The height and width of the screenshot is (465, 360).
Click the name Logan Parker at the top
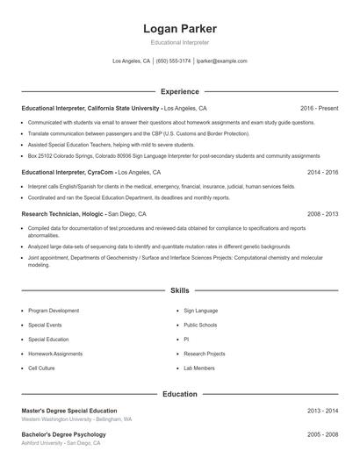click(179, 29)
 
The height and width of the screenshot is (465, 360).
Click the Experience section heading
click(179, 91)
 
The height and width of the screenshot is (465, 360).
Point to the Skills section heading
click(179, 290)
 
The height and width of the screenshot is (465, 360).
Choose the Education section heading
click(179, 395)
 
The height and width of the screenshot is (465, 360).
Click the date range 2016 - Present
click(319, 108)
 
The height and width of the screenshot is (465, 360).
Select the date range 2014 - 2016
click(322, 173)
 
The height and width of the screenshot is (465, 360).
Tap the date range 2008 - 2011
click(322, 213)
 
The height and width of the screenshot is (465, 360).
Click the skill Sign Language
click(201, 311)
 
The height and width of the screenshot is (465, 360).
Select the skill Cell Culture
click(41, 368)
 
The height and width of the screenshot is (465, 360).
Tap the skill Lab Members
click(199, 368)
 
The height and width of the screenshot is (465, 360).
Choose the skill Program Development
click(54, 311)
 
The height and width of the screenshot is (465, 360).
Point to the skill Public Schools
click(200, 325)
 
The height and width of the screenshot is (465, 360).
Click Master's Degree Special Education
click(68, 411)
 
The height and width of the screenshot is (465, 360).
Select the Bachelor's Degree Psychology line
click(63, 434)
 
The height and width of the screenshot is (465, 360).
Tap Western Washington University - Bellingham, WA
click(76, 419)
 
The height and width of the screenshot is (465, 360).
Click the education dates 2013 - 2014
click(322, 411)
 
